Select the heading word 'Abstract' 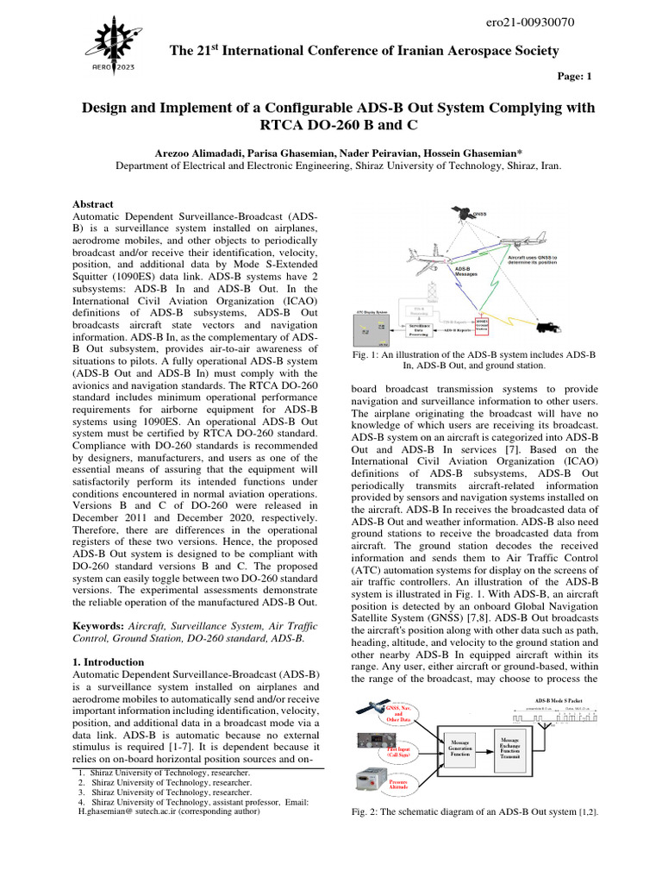pyautogui.click(x=93, y=204)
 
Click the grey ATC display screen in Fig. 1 pyautogui.click(x=377, y=329)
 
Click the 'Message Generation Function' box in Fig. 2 pyautogui.click(x=459, y=748)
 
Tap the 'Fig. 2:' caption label pyautogui.click(x=366, y=813)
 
